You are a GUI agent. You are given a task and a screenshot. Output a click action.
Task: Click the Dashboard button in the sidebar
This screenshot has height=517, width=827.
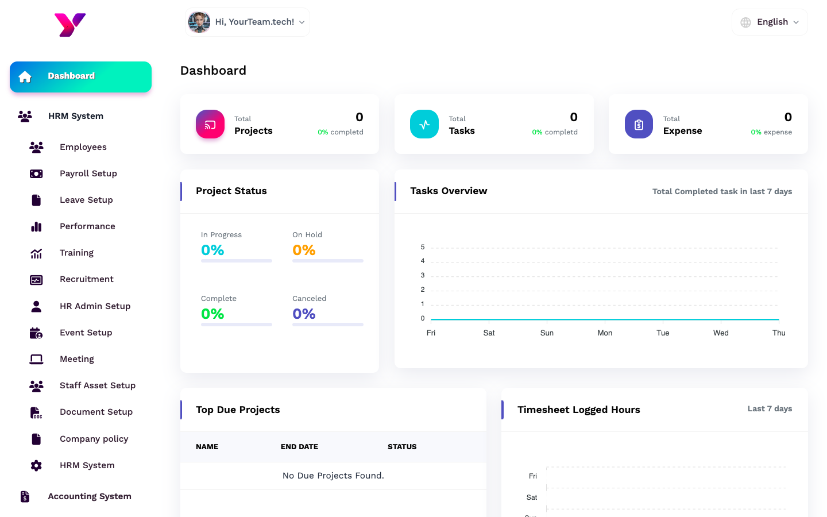click(x=80, y=76)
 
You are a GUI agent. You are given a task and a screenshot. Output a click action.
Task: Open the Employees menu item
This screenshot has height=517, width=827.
click(x=83, y=147)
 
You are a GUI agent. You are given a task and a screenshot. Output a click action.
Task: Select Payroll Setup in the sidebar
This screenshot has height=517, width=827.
click(x=88, y=173)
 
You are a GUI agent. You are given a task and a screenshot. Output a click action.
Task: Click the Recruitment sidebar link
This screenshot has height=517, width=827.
click(x=86, y=279)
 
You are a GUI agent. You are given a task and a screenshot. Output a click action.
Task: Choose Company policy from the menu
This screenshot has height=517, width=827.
click(x=94, y=439)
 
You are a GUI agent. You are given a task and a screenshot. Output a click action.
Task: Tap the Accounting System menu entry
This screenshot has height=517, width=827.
click(x=89, y=496)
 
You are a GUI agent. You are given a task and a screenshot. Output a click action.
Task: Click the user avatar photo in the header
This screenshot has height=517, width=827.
click(x=199, y=22)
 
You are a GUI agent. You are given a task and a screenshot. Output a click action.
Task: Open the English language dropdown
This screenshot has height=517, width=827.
click(x=770, y=22)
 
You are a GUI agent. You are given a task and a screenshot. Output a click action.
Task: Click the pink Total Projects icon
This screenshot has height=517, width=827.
click(x=210, y=124)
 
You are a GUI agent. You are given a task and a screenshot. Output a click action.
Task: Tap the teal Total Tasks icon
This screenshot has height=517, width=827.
click(x=424, y=124)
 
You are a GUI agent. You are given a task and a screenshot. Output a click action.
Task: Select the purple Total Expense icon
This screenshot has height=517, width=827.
click(x=639, y=124)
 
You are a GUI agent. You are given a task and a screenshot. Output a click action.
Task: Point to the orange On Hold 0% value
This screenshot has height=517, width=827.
click(x=304, y=250)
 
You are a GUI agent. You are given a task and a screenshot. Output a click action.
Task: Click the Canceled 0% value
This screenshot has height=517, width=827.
click(x=304, y=314)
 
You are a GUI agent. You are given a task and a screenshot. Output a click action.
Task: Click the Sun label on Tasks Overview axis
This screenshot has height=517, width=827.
click(x=547, y=333)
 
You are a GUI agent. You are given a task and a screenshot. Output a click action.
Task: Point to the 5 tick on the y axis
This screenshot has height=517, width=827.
click(x=423, y=247)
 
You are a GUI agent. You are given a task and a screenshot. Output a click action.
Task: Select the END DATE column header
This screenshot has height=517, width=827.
click(x=299, y=447)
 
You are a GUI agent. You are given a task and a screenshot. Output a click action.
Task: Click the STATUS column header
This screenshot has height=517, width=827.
click(x=402, y=447)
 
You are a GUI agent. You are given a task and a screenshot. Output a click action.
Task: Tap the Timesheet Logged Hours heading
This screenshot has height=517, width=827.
click(x=578, y=410)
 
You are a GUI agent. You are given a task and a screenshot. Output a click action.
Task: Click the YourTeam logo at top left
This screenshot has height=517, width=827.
click(x=70, y=25)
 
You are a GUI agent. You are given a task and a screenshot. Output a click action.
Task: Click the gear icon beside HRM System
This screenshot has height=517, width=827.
click(x=36, y=465)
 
